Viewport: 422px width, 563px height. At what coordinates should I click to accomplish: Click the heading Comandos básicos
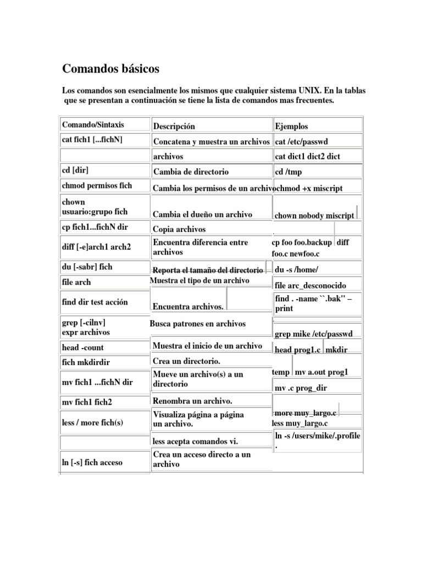point(110,69)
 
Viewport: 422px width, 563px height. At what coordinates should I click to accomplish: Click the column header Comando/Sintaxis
point(93,125)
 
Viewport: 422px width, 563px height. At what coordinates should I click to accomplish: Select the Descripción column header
point(174,126)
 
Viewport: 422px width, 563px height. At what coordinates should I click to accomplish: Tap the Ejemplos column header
point(291,126)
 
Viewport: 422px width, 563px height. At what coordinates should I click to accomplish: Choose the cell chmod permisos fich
point(97,185)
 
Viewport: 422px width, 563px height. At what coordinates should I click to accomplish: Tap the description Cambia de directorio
point(191,172)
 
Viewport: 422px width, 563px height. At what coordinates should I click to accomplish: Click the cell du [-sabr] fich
point(87,267)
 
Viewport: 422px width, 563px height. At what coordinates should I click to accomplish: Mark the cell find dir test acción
point(95,302)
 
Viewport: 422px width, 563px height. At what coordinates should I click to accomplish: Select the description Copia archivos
point(179,229)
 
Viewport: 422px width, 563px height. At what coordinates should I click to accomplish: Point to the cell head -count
point(83,347)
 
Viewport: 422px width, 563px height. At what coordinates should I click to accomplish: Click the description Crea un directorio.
point(187,361)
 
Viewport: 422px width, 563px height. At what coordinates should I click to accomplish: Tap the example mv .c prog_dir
point(301,388)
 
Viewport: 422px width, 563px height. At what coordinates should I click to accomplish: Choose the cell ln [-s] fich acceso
point(92,462)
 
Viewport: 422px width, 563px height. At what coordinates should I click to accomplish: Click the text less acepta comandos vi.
point(195,441)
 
